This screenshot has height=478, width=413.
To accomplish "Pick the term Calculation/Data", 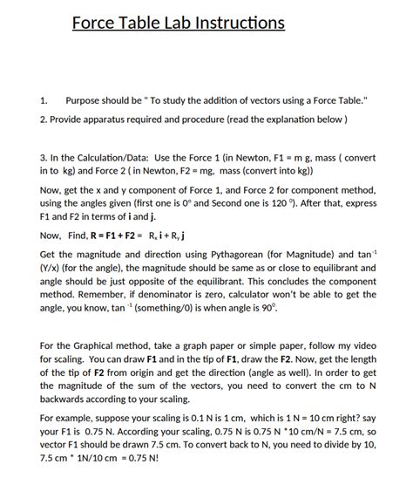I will coord(118,158).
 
